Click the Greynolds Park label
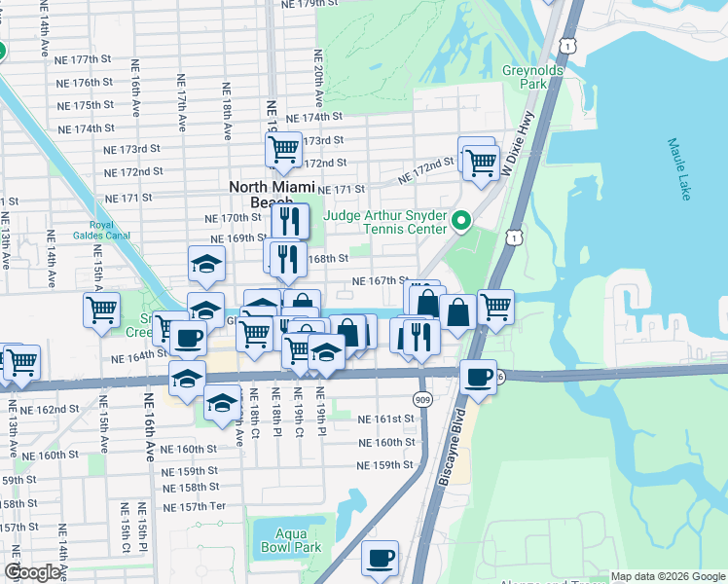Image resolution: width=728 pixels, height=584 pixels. [524, 77]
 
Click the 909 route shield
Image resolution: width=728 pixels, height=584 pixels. [421, 398]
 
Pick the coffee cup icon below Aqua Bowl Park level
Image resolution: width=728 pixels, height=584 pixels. [381, 558]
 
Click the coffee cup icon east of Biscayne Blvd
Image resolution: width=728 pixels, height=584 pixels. [477, 376]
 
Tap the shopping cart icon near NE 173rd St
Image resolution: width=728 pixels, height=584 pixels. [282, 149]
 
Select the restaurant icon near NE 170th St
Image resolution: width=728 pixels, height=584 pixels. [289, 221]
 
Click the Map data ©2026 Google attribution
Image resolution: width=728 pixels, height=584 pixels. [668, 577]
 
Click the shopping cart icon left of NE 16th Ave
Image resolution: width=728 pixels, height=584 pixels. [101, 310]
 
